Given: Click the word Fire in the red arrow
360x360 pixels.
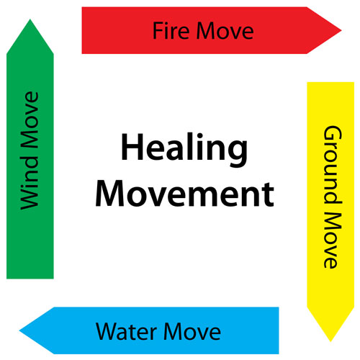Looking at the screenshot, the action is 171,30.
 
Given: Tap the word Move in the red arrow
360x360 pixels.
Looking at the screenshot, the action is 225,31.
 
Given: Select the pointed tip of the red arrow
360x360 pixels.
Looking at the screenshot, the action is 341,30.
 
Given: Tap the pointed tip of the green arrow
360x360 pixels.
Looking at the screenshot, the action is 30,19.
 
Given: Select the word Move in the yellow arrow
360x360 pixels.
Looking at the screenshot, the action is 333,240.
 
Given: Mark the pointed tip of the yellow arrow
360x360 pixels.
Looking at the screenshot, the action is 330,341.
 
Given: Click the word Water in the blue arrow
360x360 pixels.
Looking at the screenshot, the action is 127,331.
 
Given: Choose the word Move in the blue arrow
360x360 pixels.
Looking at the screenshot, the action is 192,332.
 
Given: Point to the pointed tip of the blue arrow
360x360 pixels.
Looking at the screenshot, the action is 19,330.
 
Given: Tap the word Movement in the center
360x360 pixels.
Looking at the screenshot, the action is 185,194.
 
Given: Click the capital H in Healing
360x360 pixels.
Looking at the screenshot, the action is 132,148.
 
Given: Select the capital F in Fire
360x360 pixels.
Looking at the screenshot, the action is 158,30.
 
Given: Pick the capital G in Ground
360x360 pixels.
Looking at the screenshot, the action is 333,135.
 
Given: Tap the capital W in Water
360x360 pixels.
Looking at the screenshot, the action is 107,331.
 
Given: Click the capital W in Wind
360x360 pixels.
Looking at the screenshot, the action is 30,198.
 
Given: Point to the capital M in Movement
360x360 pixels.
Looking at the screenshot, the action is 110,194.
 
